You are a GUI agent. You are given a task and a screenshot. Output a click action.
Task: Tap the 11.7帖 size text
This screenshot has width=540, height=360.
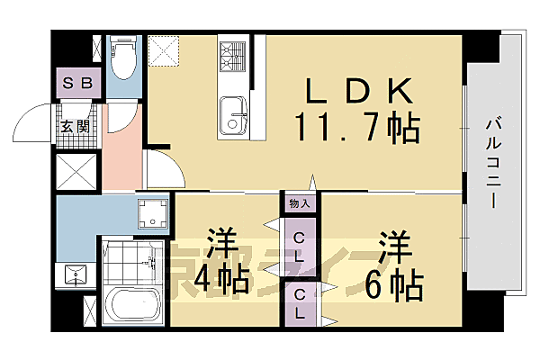click(356, 129)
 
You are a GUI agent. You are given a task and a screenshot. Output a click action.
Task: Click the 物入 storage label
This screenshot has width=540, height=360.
click(300, 203)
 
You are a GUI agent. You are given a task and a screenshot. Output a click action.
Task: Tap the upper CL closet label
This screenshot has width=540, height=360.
click(300, 245)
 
